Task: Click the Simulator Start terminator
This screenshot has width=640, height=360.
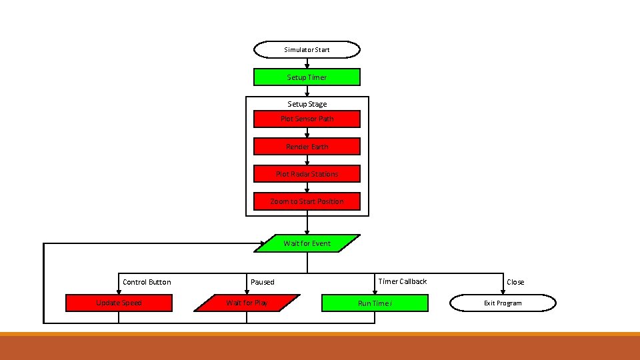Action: (x=307, y=50)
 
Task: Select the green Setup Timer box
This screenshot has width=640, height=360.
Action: (x=307, y=77)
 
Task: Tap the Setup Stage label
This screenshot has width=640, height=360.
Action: (x=307, y=104)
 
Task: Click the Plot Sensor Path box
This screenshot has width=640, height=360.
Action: (x=307, y=119)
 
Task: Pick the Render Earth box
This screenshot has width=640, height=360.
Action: (x=307, y=147)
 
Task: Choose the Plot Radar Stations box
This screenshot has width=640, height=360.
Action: (x=307, y=174)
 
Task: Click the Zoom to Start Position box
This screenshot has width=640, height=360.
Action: (x=307, y=201)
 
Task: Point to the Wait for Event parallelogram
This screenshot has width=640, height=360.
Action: (x=307, y=243)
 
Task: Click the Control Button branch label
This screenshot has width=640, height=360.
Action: (x=147, y=282)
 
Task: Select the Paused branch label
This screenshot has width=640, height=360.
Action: (x=262, y=282)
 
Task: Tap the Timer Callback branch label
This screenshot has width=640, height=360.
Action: (x=402, y=281)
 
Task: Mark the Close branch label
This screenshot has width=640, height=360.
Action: (x=515, y=282)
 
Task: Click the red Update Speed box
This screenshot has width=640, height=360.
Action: (x=119, y=303)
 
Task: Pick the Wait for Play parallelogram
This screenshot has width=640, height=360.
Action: (x=247, y=303)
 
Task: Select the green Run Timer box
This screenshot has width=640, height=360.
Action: (x=375, y=303)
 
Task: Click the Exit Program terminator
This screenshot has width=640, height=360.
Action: (x=503, y=303)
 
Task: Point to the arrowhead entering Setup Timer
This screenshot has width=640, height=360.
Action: (x=307, y=66)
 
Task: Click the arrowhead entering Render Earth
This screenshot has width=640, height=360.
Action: (x=307, y=135)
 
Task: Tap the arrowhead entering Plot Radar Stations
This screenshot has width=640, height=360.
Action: (x=307, y=163)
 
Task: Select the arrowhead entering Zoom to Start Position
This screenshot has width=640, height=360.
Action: (x=307, y=191)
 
